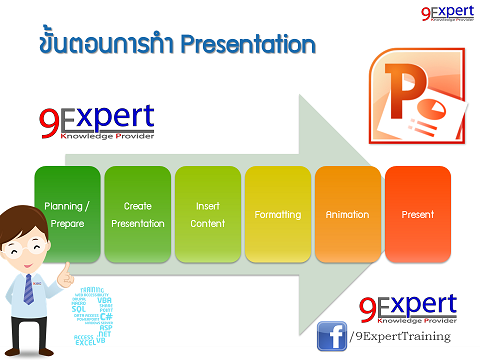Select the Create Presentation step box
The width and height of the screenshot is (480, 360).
click(137, 215)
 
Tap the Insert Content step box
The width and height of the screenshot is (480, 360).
click(207, 215)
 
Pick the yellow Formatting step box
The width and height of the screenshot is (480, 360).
click(277, 215)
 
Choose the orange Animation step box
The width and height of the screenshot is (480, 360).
click(347, 215)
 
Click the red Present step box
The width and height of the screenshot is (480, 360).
click(417, 215)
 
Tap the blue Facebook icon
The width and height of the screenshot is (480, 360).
click(331, 336)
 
